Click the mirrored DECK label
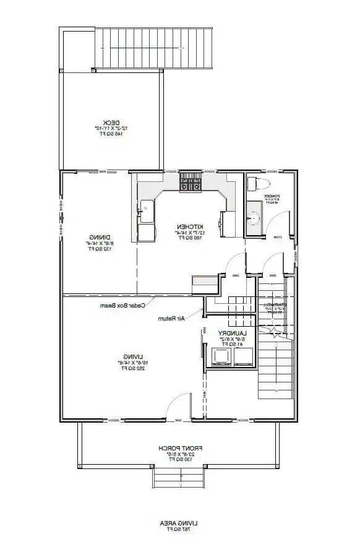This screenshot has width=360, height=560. click(x=111, y=122)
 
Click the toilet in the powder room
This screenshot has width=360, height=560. click(x=258, y=184)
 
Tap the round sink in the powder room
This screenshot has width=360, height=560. click(x=253, y=218)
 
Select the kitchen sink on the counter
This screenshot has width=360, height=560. click(x=146, y=210)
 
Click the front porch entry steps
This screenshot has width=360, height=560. click(x=179, y=476)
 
